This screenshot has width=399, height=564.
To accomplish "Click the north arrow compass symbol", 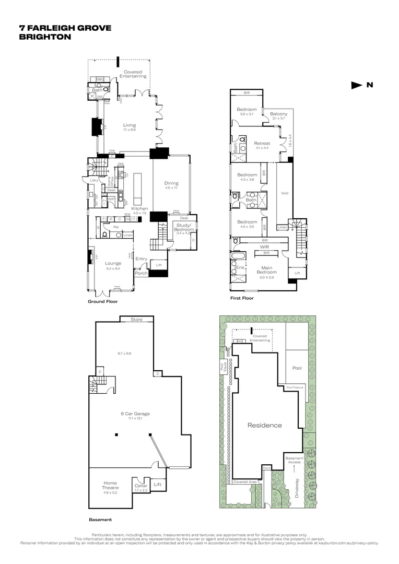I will tap(356, 85).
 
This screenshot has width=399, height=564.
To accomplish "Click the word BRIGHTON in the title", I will tap(45, 37).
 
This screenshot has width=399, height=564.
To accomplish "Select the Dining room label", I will tap(171, 183).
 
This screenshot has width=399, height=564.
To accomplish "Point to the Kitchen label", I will tap(139, 208).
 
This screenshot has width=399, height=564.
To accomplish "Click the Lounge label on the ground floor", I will tap(113, 263).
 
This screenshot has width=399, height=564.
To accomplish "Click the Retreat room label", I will tap(262, 143).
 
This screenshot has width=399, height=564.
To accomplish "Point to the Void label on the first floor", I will tap(285, 193).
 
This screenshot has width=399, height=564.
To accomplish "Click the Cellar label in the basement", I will tap(141, 485).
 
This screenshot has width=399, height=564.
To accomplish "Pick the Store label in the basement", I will tap(136, 319).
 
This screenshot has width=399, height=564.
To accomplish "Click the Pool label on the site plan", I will tap(297, 368).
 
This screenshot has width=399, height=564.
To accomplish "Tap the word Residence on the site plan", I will tap(264, 425).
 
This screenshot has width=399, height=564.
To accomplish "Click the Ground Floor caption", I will tap(103, 301).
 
